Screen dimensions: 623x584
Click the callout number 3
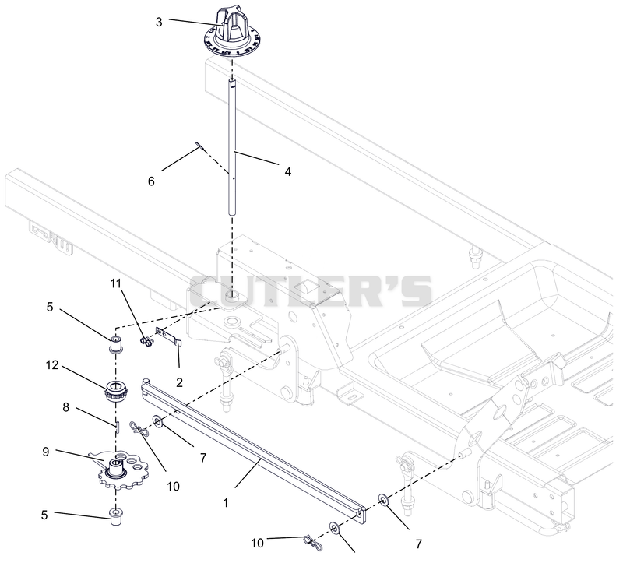pyautogui.click(x=159, y=22)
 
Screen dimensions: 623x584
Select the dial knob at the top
pyautogui.click(x=233, y=33)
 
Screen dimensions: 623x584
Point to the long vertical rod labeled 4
pyautogui.click(x=232, y=147)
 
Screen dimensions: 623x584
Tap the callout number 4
pyautogui.click(x=287, y=171)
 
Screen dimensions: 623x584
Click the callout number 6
pyautogui.click(x=151, y=181)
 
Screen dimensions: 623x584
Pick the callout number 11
pyautogui.click(x=115, y=283)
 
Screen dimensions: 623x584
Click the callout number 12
pyautogui.click(x=52, y=364)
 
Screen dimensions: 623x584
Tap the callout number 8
pyautogui.click(x=65, y=407)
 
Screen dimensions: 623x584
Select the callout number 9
pyautogui.click(x=46, y=452)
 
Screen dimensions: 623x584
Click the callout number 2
pyautogui.click(x=179, y=382)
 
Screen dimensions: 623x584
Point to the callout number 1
pyautogui.click(x=226, y=503)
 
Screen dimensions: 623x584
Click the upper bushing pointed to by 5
pyautogui.click(x=115, y=343)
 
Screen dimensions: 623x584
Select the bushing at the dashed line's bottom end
pyautogui.click(x=115, y=516)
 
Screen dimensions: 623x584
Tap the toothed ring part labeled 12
pyautogui.click(x=115, y=391)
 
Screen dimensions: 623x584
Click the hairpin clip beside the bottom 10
pyautogui.click(x=313, y=543)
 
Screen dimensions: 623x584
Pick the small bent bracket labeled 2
pyautogui.click(x=170, y=337)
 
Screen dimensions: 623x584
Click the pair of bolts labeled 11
pyautogui.click(x=146, y=342)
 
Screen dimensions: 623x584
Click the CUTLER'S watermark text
pyautogui.click(x=311, y=290)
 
